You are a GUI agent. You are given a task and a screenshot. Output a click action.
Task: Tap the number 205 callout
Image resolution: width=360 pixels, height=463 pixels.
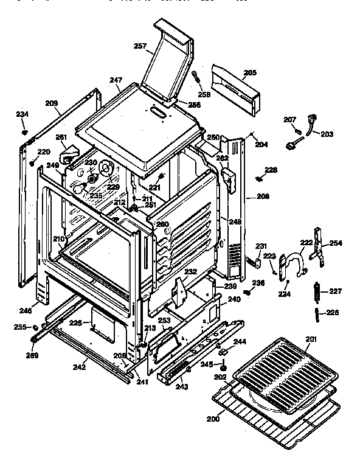(x=250, y=72)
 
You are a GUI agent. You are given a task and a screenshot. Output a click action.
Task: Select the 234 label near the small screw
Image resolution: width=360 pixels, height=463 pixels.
(x=22, y=114)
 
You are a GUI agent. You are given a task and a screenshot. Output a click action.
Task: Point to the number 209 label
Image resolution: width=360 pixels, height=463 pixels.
(x=52, y=103)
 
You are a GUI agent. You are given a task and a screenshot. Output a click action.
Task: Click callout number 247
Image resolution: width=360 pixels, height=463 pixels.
(x=116, y=80)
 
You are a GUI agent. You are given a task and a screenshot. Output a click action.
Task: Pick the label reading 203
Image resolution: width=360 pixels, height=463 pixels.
(x=327, y=134)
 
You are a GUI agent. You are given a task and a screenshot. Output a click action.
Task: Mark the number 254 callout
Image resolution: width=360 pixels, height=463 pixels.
(x=336, y=243)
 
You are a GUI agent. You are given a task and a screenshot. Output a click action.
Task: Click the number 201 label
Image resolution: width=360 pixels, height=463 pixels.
(x=311, y=339)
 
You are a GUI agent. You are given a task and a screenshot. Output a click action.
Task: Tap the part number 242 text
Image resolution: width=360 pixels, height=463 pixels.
(x=79, y=368)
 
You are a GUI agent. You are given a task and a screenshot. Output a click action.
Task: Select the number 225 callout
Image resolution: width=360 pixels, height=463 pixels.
(x=75, y=322)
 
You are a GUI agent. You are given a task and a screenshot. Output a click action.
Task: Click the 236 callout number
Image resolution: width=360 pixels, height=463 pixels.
(x=258, y=282)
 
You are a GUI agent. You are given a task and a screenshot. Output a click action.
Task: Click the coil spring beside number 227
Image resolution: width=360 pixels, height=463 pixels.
(x=317, y=291)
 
